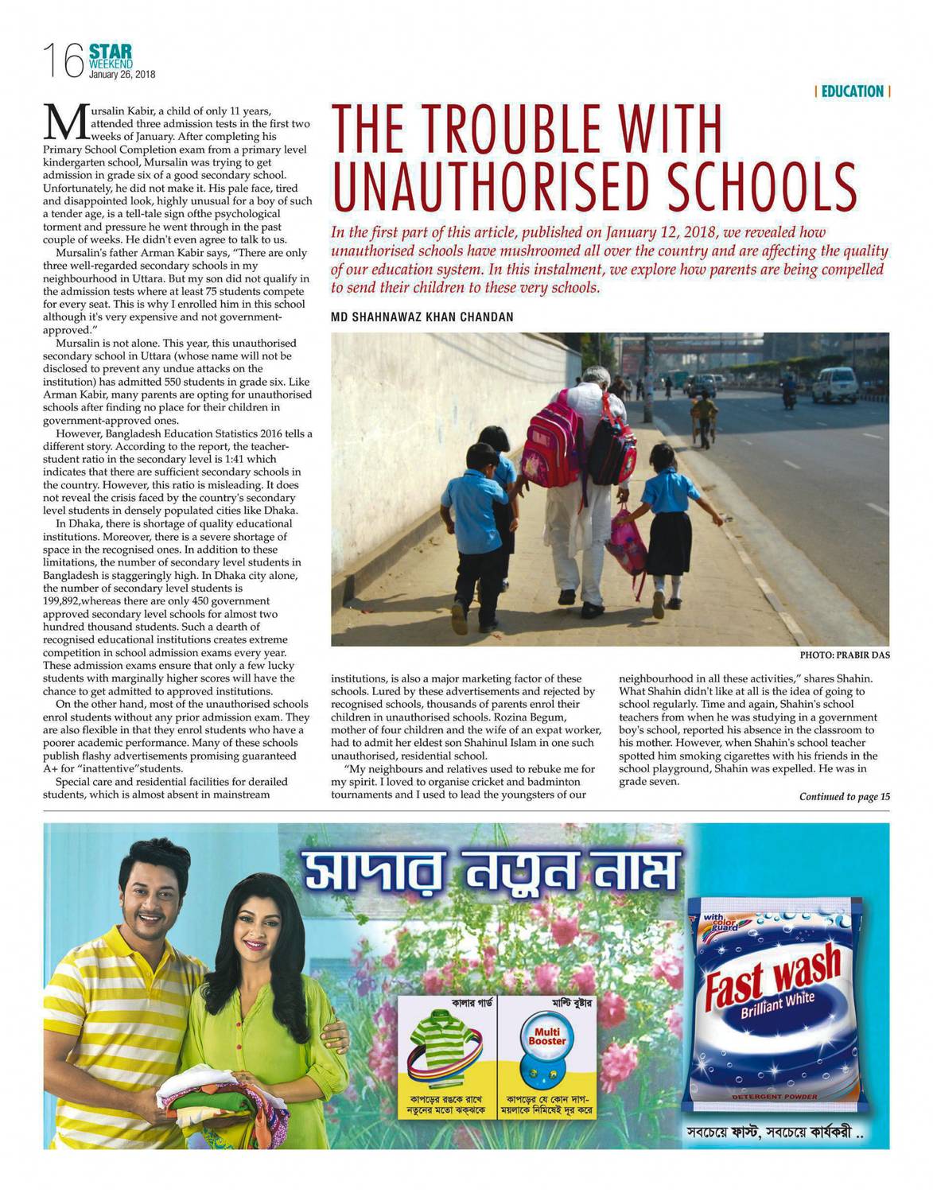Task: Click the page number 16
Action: click(62, 61)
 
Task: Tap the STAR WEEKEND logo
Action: click(111, 56)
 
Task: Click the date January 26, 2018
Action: click(122, 75)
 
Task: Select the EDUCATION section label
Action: click(852, 91)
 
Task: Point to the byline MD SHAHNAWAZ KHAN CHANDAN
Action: click(422, 317)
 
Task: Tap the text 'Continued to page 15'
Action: click(844, 797)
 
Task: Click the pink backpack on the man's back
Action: click(554, 437)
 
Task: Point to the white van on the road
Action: click(834, 384)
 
